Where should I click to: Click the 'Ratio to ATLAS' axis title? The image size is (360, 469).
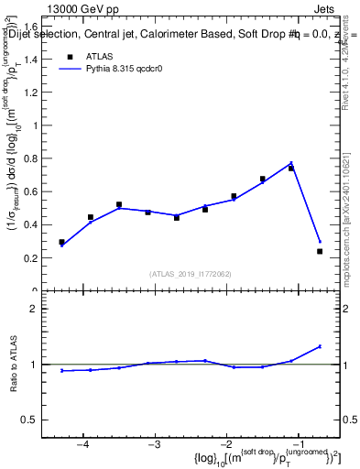tap(16, 365)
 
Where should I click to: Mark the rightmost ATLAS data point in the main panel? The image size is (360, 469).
tap(320, 251)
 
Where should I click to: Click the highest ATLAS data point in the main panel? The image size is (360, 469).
tap(291, 169)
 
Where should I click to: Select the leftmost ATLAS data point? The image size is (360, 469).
tap(62, 242)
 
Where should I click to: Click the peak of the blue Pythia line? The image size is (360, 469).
tap(291, 163)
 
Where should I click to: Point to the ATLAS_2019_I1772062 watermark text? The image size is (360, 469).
tap(190, 274)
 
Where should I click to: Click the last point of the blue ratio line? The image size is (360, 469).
tap(320, 346)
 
